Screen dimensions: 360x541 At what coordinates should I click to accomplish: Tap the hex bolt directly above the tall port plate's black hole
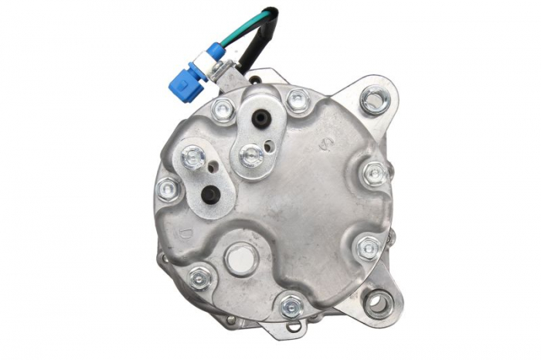pos(297,100)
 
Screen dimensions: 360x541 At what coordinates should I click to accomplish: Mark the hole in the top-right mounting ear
pos(376,98)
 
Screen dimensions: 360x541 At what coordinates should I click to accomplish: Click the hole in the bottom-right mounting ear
pos(378,302)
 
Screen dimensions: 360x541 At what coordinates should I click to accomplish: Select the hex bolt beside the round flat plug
pos(200,277)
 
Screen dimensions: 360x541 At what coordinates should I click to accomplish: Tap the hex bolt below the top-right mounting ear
pos(375,173)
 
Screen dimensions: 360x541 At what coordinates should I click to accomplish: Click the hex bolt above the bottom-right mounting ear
pos(369,247)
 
